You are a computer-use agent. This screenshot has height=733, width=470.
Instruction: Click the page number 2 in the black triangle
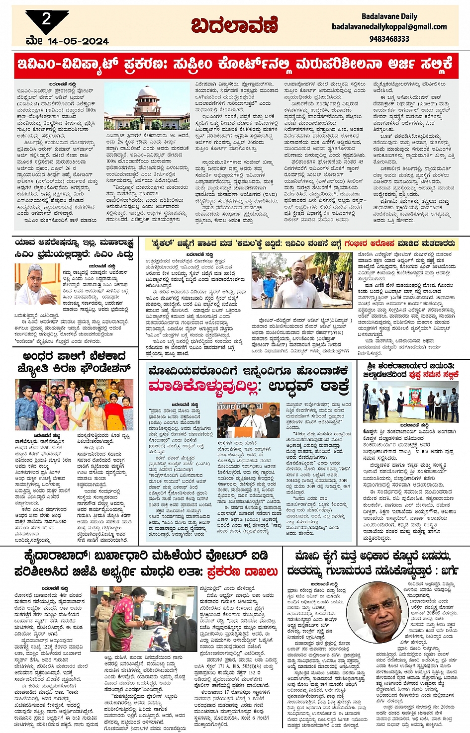[46, 19]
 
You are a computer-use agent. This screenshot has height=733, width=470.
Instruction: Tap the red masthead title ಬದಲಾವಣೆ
[234, 25]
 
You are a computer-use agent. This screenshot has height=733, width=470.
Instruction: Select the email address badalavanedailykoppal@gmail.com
[389, 27]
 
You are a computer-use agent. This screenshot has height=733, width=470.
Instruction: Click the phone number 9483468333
[389, 39]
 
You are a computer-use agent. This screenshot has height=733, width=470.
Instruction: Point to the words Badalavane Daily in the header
[389, 16]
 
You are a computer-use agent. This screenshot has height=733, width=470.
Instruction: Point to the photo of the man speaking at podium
[248, 420]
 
